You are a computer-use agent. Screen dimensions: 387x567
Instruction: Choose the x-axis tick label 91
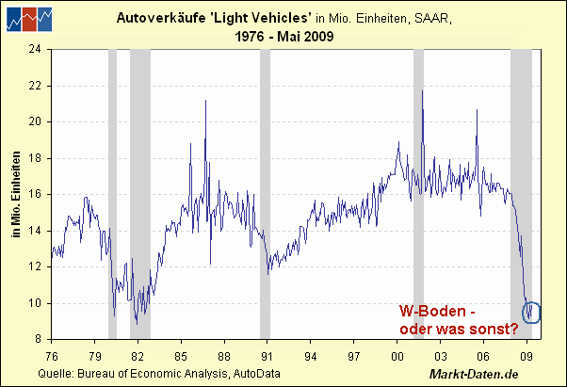(267, 357)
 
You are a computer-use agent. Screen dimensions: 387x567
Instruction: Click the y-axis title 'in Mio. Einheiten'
(16, 194)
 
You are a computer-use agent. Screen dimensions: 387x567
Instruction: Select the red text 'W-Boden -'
(433, 311)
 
